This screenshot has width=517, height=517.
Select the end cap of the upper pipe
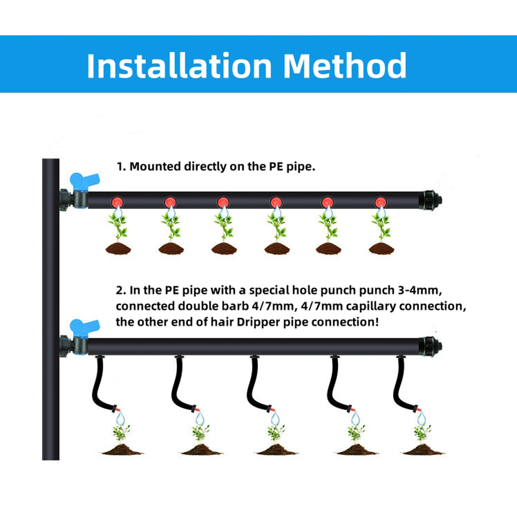coord(430,200)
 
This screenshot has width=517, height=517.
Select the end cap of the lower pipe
coord(430,346)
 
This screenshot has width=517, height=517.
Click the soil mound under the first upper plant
coord(118,249)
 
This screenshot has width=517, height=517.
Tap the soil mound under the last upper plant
coord(381,249)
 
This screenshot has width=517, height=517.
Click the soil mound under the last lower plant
coord(423,450)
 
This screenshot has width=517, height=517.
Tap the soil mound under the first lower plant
coord(122,450)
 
